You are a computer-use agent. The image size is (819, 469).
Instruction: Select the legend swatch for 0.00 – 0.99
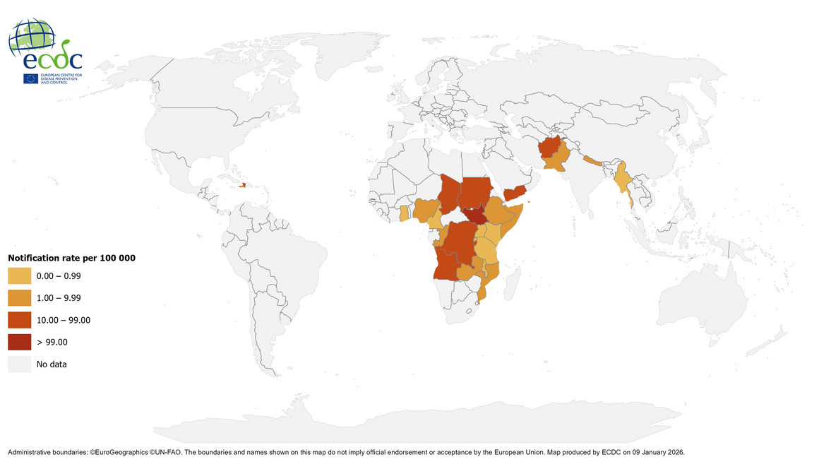pyautogui.click(x=19, y=277)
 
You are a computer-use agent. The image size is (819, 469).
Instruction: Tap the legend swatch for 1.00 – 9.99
pyautogui.click(x=19, y=299)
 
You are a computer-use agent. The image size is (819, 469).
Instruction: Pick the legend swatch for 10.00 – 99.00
pyautogui.click(x=19, y=321)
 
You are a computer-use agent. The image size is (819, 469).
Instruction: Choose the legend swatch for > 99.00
pyautogui.click(x=19, y=343)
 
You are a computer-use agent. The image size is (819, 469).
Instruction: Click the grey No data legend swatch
pyautogui.click(x=19, y=364)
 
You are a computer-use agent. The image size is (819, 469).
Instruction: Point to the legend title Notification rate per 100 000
pyautogui.click(x=71, y=258)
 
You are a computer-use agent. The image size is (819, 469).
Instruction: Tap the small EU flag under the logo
pyautogui.click(x=30, y=79)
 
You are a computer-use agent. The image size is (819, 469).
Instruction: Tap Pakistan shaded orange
pyautogui.click(x=558, y=162)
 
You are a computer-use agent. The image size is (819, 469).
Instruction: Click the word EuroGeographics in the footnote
pyautogui.click(x=127, y=451)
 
